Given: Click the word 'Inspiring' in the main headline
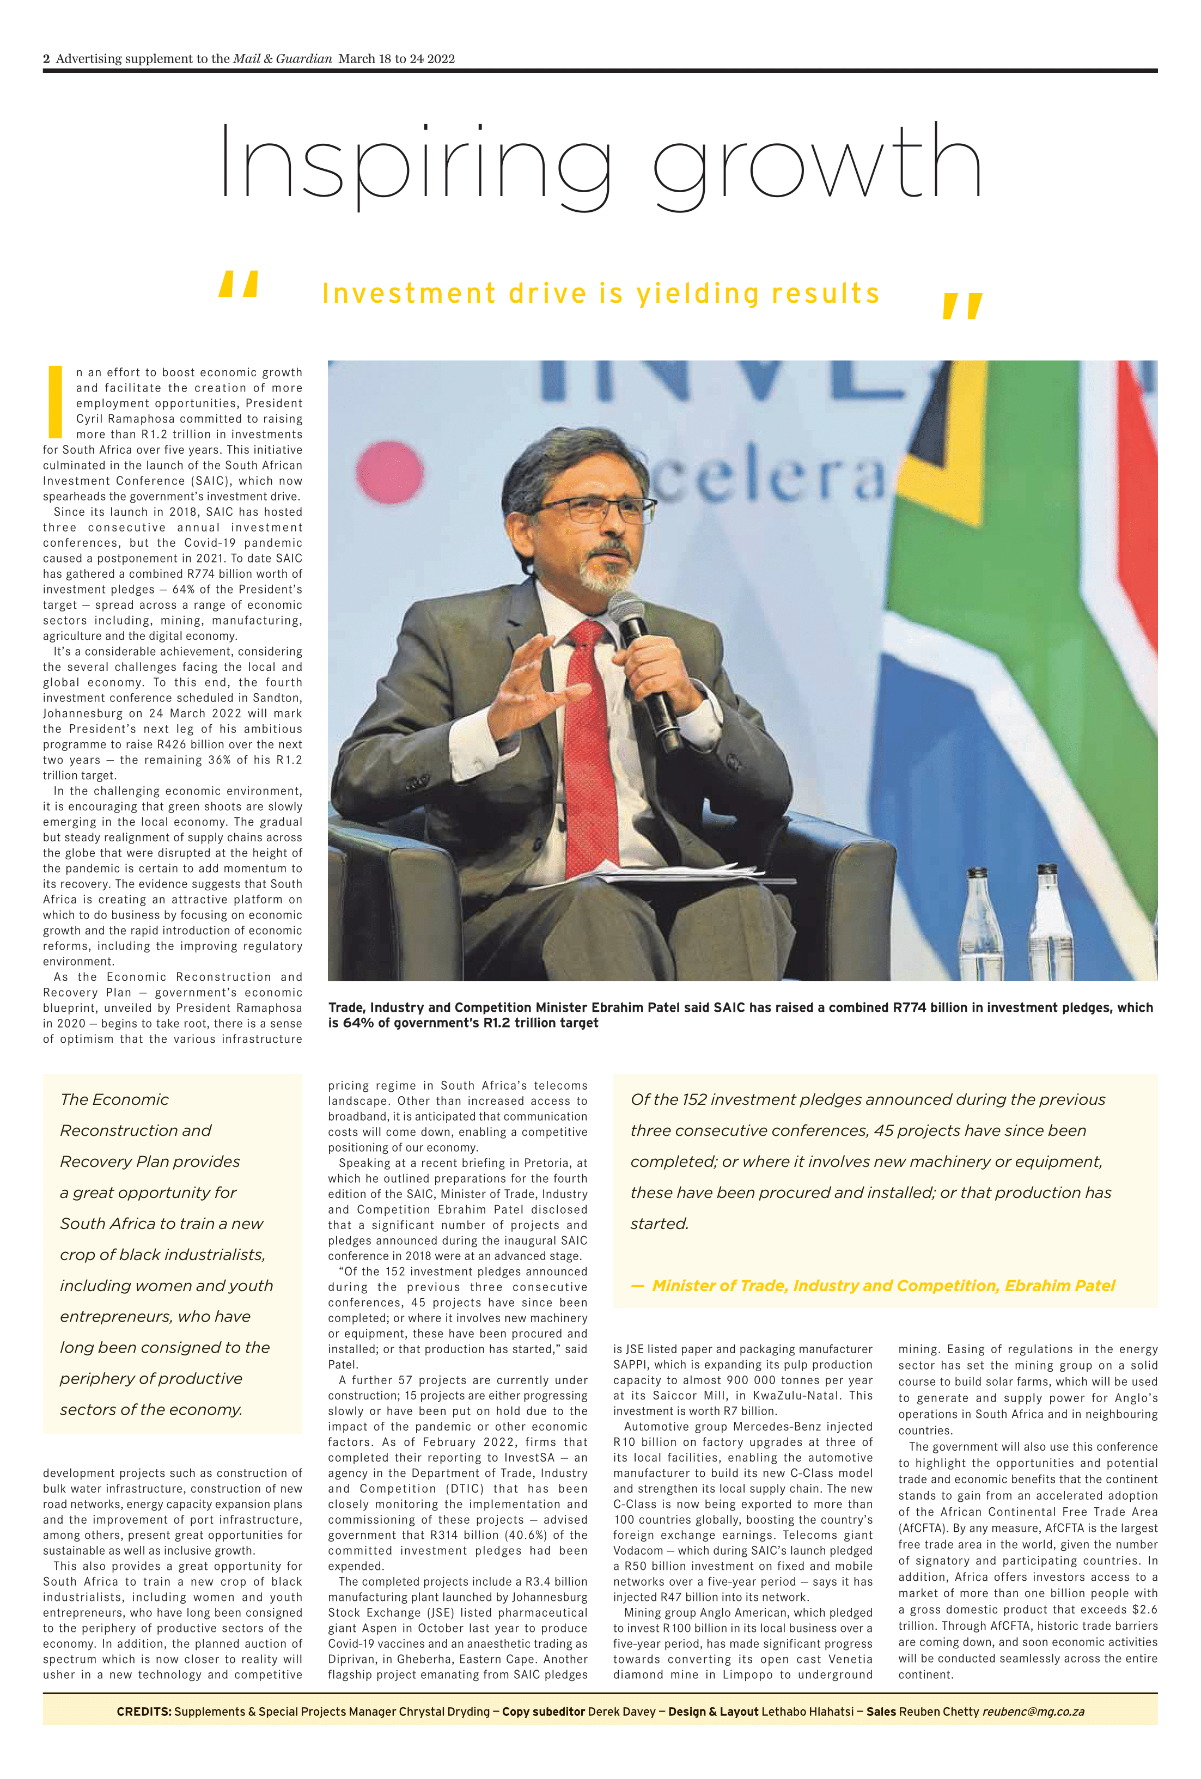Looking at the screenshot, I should [413, 163].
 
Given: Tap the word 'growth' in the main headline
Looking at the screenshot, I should [816, 163].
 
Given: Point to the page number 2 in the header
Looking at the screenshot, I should [47, 59].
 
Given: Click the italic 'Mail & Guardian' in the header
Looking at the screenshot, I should [283, 59].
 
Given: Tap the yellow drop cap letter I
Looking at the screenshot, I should [55, 401].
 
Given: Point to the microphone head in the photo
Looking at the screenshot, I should [627, 609].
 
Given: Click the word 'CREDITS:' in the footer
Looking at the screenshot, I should [144, 1711].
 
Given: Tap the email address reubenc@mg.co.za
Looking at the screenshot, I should [1033, 1711].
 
